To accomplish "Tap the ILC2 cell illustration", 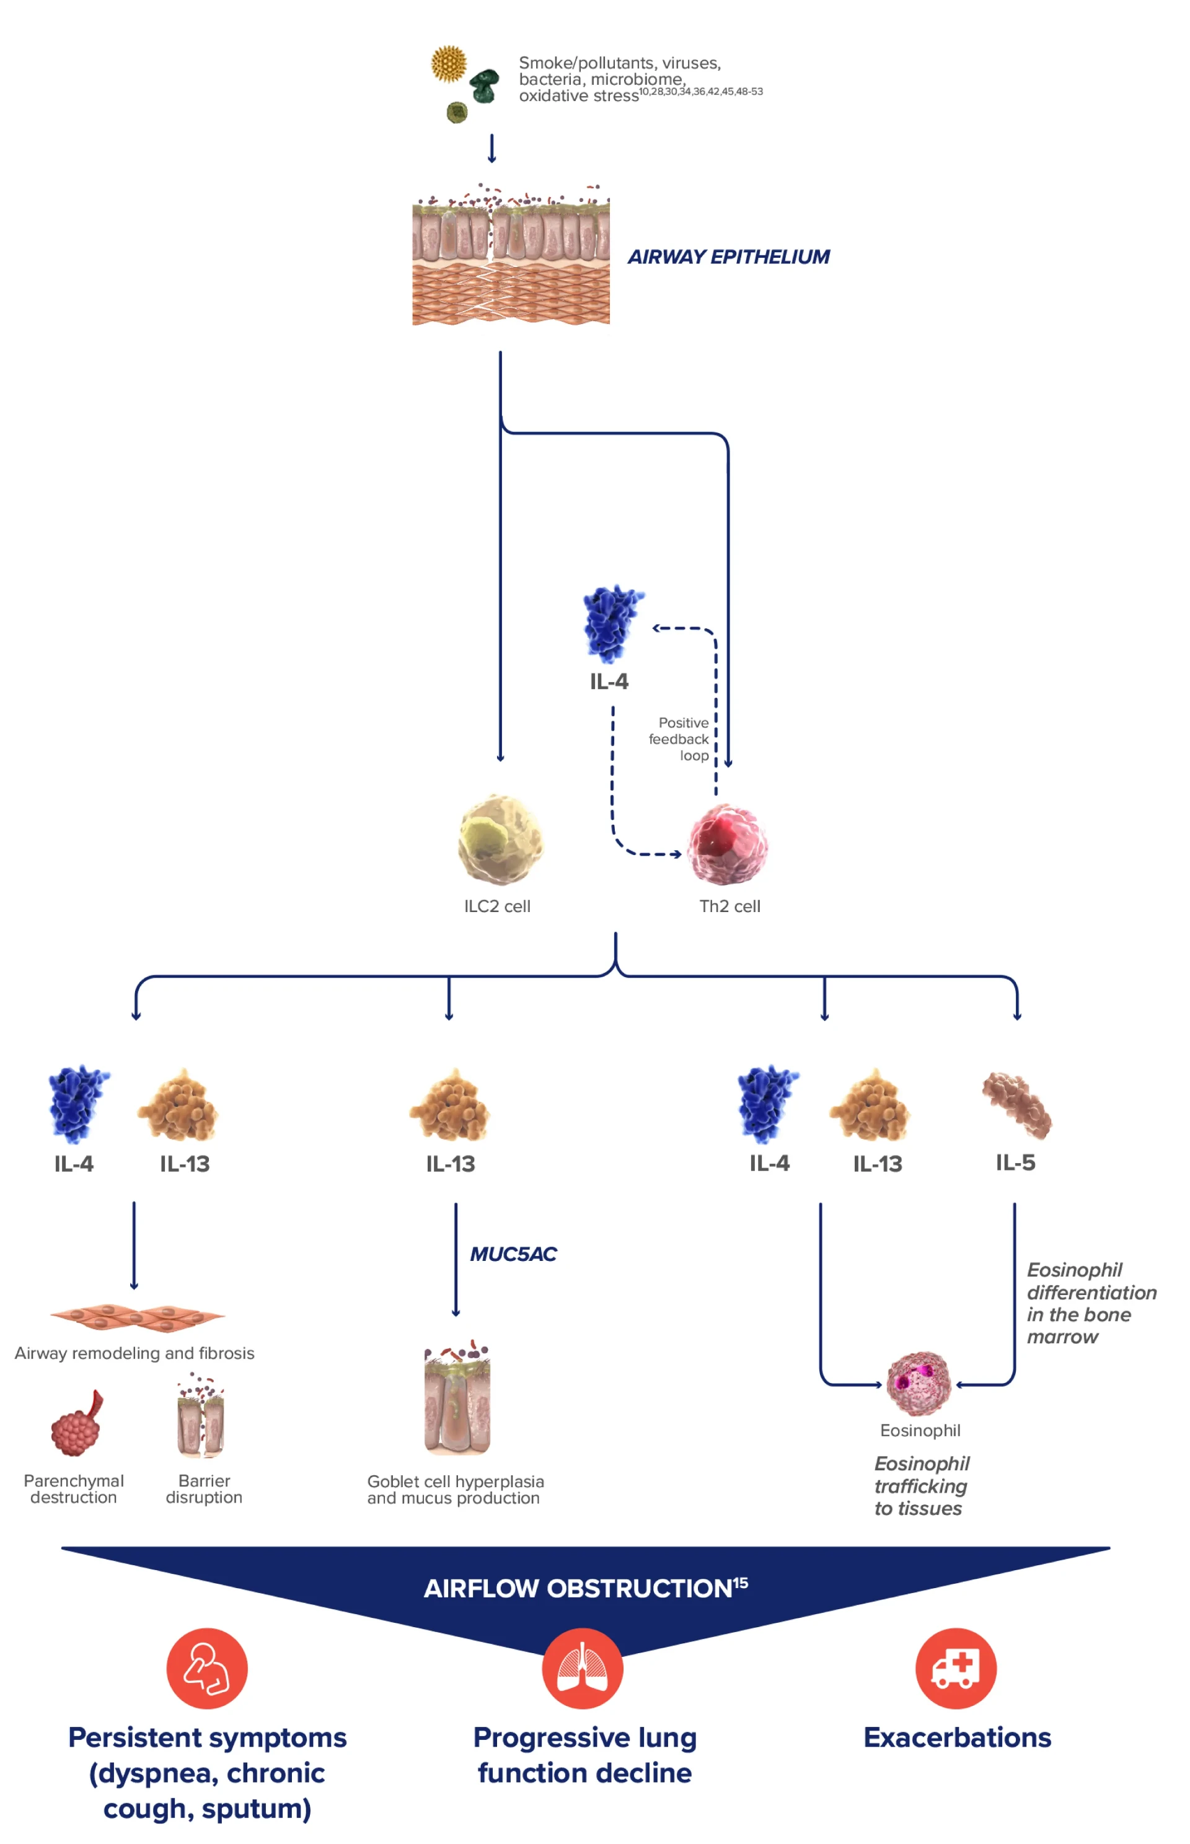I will tap(500, 839).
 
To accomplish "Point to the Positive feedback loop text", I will tap(680, 739).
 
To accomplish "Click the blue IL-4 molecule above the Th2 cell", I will tap(613, 623).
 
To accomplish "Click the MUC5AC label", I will tap(513, 1253).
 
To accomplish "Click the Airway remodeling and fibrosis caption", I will tap(134, 1353).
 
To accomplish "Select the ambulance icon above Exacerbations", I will tap(956, 1668).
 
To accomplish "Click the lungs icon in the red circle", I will tap(582, 1668).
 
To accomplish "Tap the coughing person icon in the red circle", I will tap(207, 1668).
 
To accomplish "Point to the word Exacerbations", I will tap(956, 1737).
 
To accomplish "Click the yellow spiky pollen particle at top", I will tap(448, 64).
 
